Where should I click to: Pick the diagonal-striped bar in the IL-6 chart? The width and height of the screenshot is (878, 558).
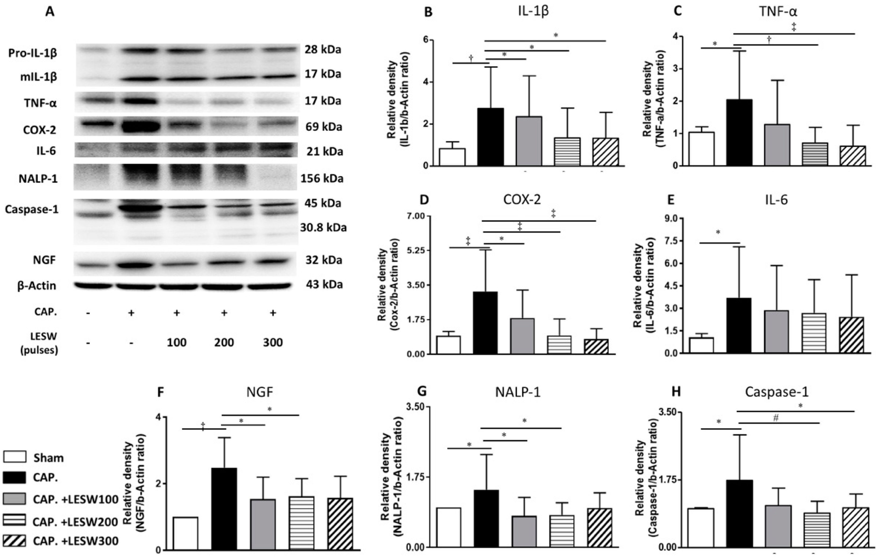pos(852,334)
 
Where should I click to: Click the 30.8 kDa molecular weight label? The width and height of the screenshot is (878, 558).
pos(323,228)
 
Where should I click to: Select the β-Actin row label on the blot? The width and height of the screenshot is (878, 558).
pos(37,285)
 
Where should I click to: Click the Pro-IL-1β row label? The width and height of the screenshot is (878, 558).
pos(33,53)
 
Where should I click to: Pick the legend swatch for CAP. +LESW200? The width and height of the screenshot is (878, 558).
pos(15,520)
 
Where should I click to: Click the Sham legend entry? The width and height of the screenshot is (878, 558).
pos(48,458)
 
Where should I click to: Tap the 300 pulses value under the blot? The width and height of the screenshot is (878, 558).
pos(272,342)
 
